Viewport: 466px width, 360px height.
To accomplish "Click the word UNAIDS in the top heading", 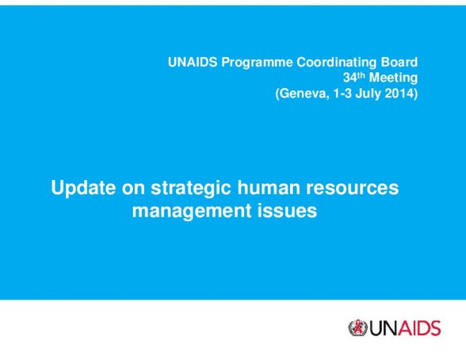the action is [193, 63].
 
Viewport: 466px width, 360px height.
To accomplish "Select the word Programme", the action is [257, 63].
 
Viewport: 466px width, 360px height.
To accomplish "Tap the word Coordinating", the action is [337, 63].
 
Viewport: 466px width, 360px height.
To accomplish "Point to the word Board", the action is [399, 63].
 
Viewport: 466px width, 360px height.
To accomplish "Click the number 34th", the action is [354, 78].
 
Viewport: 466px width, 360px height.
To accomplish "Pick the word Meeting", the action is [393, 78].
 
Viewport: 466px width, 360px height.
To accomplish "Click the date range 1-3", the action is [342, 94].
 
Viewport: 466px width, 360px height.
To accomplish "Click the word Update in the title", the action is [83, 188].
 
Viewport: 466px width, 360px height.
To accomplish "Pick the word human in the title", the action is [268, 188].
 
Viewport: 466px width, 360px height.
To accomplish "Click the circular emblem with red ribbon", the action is [358, 328].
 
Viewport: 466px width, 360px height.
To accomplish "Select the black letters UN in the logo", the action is [384, 328].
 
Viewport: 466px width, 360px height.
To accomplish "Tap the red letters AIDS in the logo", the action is [419, 328].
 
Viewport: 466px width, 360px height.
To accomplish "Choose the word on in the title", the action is [134, 189].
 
